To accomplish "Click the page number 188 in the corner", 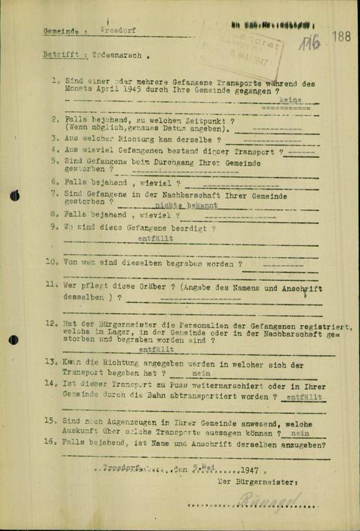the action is coord(341,36).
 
